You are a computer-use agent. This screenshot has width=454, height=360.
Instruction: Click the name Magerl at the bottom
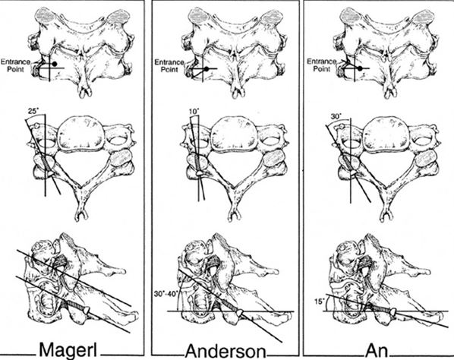pos(68,349)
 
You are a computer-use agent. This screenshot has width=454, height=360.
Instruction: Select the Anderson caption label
pos(225,351)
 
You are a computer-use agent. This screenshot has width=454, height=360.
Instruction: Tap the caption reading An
pos(377,351)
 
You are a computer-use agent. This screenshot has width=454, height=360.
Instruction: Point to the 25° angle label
pos(33,111)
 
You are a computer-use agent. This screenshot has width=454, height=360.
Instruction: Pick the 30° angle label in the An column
pos(336,117)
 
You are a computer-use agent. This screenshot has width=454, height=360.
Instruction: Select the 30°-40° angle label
pos(166,292)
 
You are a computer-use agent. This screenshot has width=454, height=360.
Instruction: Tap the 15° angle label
pos(319,302)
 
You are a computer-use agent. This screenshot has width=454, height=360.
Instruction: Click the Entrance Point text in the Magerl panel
pos(15,65)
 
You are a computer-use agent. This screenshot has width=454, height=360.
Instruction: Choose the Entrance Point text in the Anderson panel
pos(169,66)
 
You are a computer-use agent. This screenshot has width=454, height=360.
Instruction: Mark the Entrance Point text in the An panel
pos(322,65)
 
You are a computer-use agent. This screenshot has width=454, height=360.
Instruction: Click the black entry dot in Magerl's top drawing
pos(55,64)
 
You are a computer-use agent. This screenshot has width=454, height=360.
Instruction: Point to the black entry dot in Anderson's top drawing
pos(207,69)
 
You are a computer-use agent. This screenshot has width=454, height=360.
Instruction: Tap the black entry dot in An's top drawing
pos(360,68)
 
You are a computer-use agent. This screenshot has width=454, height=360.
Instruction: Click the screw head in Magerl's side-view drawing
pos(87,310)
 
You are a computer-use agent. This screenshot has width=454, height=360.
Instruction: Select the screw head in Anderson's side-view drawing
pos(240,313)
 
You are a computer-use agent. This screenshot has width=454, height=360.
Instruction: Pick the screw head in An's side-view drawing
pos(393,312)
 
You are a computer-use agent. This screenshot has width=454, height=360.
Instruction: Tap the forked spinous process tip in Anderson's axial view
pos(235,216)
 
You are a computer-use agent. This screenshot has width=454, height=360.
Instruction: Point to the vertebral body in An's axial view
pos(387,134)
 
